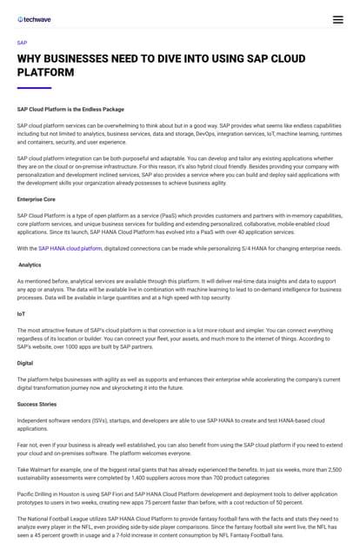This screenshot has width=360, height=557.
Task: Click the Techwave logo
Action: [x=34, y=18]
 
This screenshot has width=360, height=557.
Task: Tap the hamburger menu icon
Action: [x=337, y=19]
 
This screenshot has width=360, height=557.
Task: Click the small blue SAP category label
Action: [x=22, y=42]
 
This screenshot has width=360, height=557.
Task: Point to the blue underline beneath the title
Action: [x=34, y=88]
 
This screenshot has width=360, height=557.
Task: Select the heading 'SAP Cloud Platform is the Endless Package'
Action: [x=70, y=110]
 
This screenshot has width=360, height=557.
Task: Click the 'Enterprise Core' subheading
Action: [x=37, y=199]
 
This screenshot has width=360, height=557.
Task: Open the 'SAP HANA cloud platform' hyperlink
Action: [x=70, y=248]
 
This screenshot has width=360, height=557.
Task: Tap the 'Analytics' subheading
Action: [x=30, y=265]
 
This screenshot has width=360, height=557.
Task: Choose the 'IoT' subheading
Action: [x=22, y=313]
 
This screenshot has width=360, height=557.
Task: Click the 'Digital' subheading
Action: [x=26, y=362]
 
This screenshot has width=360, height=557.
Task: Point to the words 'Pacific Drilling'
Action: [x=37, y=493]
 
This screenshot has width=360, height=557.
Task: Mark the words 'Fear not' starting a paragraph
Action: [x=28, y=446]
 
